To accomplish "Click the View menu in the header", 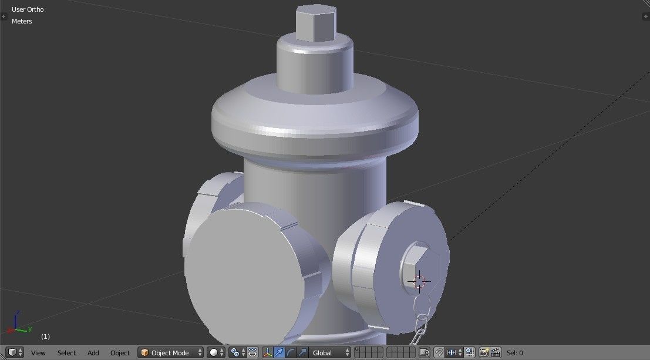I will (38, 353).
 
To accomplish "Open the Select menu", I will (66, 353).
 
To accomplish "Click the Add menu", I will (93, 353).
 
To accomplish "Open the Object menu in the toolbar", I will (120, 353).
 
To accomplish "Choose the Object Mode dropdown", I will (171, 353).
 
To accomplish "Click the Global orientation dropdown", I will (331, 353).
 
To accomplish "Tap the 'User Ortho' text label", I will (28, 9).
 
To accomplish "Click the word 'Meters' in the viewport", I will (22, 21).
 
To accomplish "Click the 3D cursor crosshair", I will (419, 281).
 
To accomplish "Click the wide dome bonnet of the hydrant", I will (315, 117).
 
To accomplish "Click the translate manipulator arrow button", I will (279, 353).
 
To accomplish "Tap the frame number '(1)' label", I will (45, 337).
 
